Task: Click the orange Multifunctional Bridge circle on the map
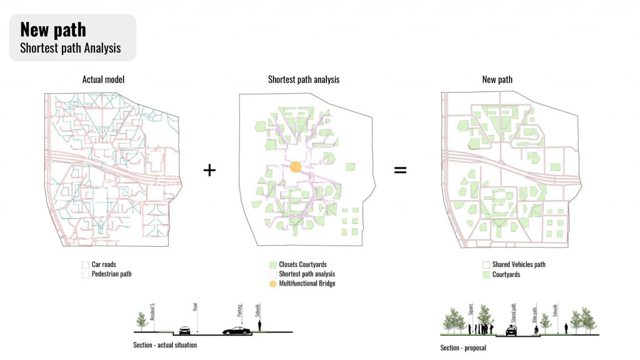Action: pyautogui.click(x=296, y=167)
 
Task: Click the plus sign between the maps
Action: pyautogui.click(x=210, y=169)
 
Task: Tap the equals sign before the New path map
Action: pyautogui.click(x=400, y=169)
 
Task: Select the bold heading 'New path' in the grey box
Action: pyautogui.click(x=53, y=29)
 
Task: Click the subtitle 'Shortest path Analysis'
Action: pyautogui.click(x=70, y=48)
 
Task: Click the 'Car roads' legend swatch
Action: pyautogui.click(x=85, y=264)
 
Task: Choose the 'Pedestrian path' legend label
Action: pyautogui.click(x=111, y=274)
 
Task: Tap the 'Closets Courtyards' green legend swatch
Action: pyautogui.click(x=272, y=264)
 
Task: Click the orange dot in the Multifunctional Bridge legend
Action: pyautogui.click(x=272, y=284)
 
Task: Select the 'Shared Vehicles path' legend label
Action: pyautogui.click(x=519, y=264)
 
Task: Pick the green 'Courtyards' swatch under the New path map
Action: pyautogui.click(x=486, y=274)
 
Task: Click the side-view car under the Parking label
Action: pyautogui.click(x=236, y=330)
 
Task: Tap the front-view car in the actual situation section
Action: pyautogui.click(x=185, y=330)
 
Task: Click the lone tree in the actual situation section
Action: pyautogui.click(x=141, y=321)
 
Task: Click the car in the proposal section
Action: pyautogui.click(x=511, y=331)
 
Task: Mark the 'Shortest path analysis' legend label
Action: pyautogui.click(x=307, y=274)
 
